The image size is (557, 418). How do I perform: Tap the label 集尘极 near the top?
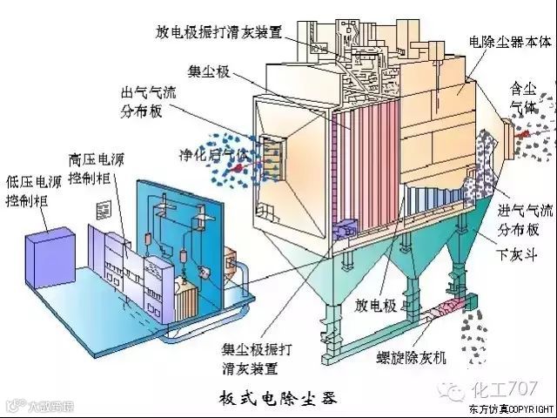pos(208,71)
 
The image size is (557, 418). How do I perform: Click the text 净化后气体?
pos(215,155)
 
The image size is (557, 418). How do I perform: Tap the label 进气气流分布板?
pos(524,221)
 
